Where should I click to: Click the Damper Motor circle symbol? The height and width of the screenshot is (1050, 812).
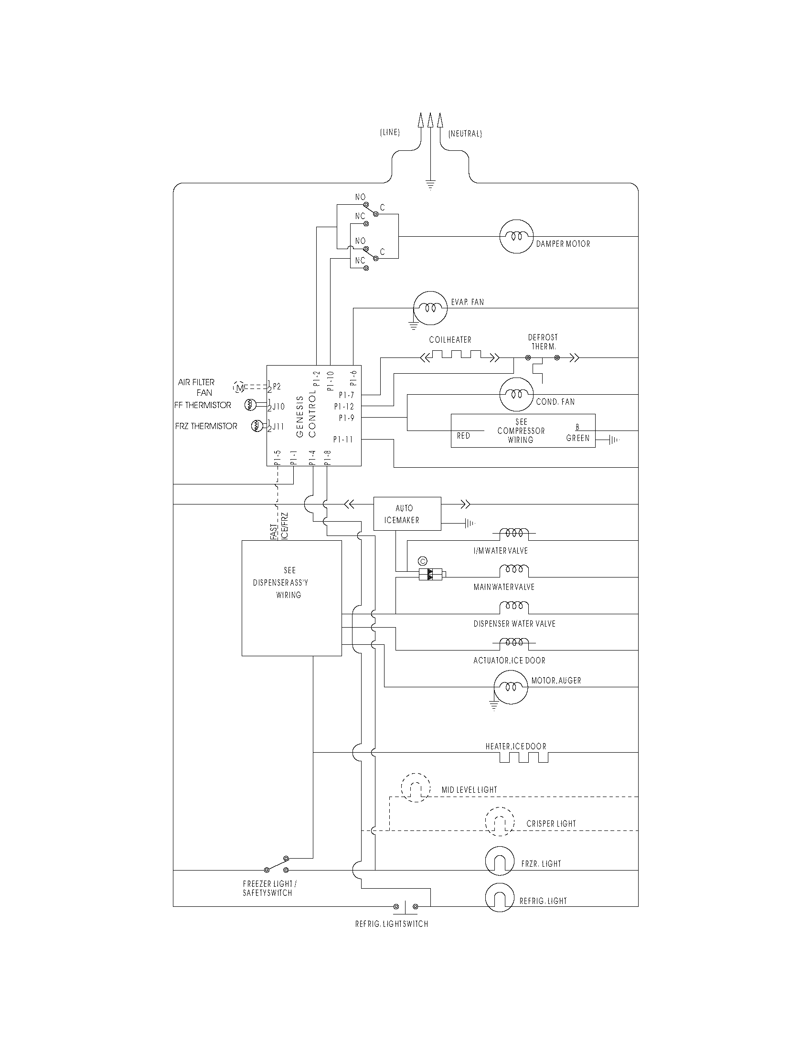pos(517,237)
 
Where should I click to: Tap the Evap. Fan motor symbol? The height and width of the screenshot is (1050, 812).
pos(430,308)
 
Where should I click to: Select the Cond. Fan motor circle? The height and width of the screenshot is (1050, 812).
pos(517,394)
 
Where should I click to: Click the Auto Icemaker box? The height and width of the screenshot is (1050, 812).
pos(407,514)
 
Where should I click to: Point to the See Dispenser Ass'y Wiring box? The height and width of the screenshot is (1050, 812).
pos(291,598)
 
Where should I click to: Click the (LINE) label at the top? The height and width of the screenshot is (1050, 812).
pos(390,133)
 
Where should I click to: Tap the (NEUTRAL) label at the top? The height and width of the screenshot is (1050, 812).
pos(465,134)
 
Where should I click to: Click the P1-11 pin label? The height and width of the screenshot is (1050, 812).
pos(343,439)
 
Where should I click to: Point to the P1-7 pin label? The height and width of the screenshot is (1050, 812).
pos(346,395)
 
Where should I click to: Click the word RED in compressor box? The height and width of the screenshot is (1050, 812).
pos(463,436)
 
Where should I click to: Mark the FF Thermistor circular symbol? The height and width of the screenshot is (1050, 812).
pos(250,405)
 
